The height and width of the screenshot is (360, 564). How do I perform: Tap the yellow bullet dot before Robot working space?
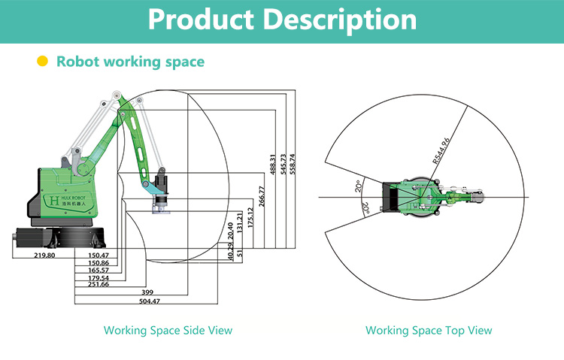(x=43, y=62)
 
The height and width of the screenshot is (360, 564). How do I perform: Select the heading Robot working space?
(x=130, y=62)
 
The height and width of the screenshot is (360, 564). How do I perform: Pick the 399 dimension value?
(x=150, y=292)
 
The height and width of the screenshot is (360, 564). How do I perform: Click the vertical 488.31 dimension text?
(x=272, y=166)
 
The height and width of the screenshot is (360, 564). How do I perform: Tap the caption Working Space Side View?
(x=168, y=330)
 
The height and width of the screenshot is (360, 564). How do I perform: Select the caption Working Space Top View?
(x=429, y=330)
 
